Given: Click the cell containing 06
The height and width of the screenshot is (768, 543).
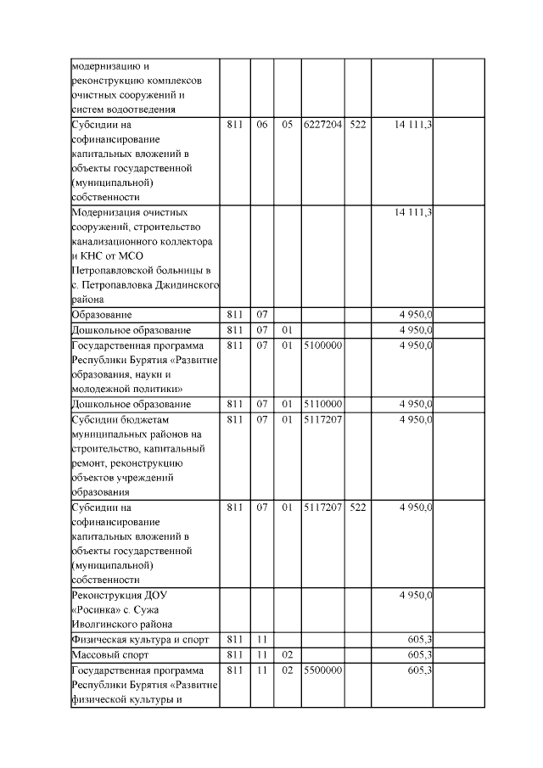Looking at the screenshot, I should coord(262,125).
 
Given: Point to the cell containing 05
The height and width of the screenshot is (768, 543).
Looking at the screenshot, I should coord(288,125).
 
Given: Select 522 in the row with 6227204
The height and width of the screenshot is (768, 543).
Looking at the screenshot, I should coord(357,125).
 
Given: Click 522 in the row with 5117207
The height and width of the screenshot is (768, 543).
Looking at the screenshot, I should coord(357,507).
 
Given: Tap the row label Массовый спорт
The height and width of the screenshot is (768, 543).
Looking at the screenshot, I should coord(109,655).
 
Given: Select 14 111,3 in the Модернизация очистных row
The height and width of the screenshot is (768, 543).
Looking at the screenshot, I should coord(413,212).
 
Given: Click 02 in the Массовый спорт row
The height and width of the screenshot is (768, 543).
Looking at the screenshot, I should coord(288,655).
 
